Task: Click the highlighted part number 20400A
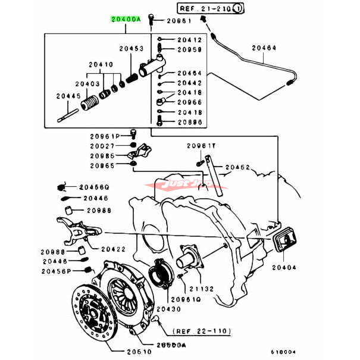point(125,20)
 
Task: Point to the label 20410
point(101,64)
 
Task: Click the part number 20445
point(68,95)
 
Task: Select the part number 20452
point(238,168)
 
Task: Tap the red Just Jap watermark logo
point(180,186)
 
